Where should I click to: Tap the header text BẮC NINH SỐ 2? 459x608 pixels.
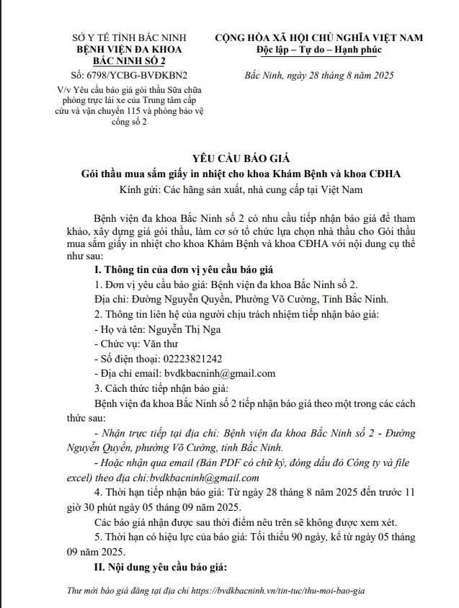pos(130,61)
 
